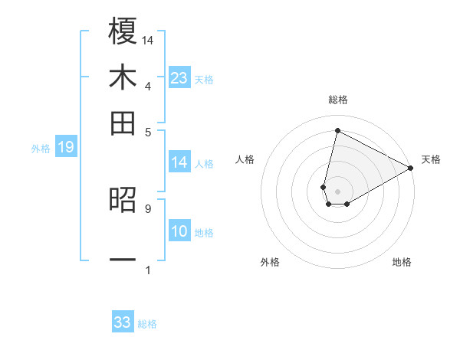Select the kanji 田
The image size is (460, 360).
(123, 123)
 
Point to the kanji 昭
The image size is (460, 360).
(123, 201)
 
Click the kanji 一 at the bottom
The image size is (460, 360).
(123, 260)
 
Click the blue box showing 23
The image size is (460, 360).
(179, 78)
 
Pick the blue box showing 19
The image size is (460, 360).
(65, 147)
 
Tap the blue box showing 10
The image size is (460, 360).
(179, 231)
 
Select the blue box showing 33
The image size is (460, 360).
(123, 322)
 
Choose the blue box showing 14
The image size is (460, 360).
(179, 162)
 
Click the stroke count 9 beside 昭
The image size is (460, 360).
(147, 208)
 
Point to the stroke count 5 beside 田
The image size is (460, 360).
(147, 131)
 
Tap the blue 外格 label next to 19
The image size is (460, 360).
(41, 149)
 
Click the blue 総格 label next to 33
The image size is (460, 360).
(147, 324)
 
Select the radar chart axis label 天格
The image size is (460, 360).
(431, 159)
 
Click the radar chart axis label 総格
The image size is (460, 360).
(337, 100)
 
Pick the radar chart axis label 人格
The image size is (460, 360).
(245, 159)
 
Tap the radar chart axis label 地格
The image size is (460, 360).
(402, 262)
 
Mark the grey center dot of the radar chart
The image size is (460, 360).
(337, 191)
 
